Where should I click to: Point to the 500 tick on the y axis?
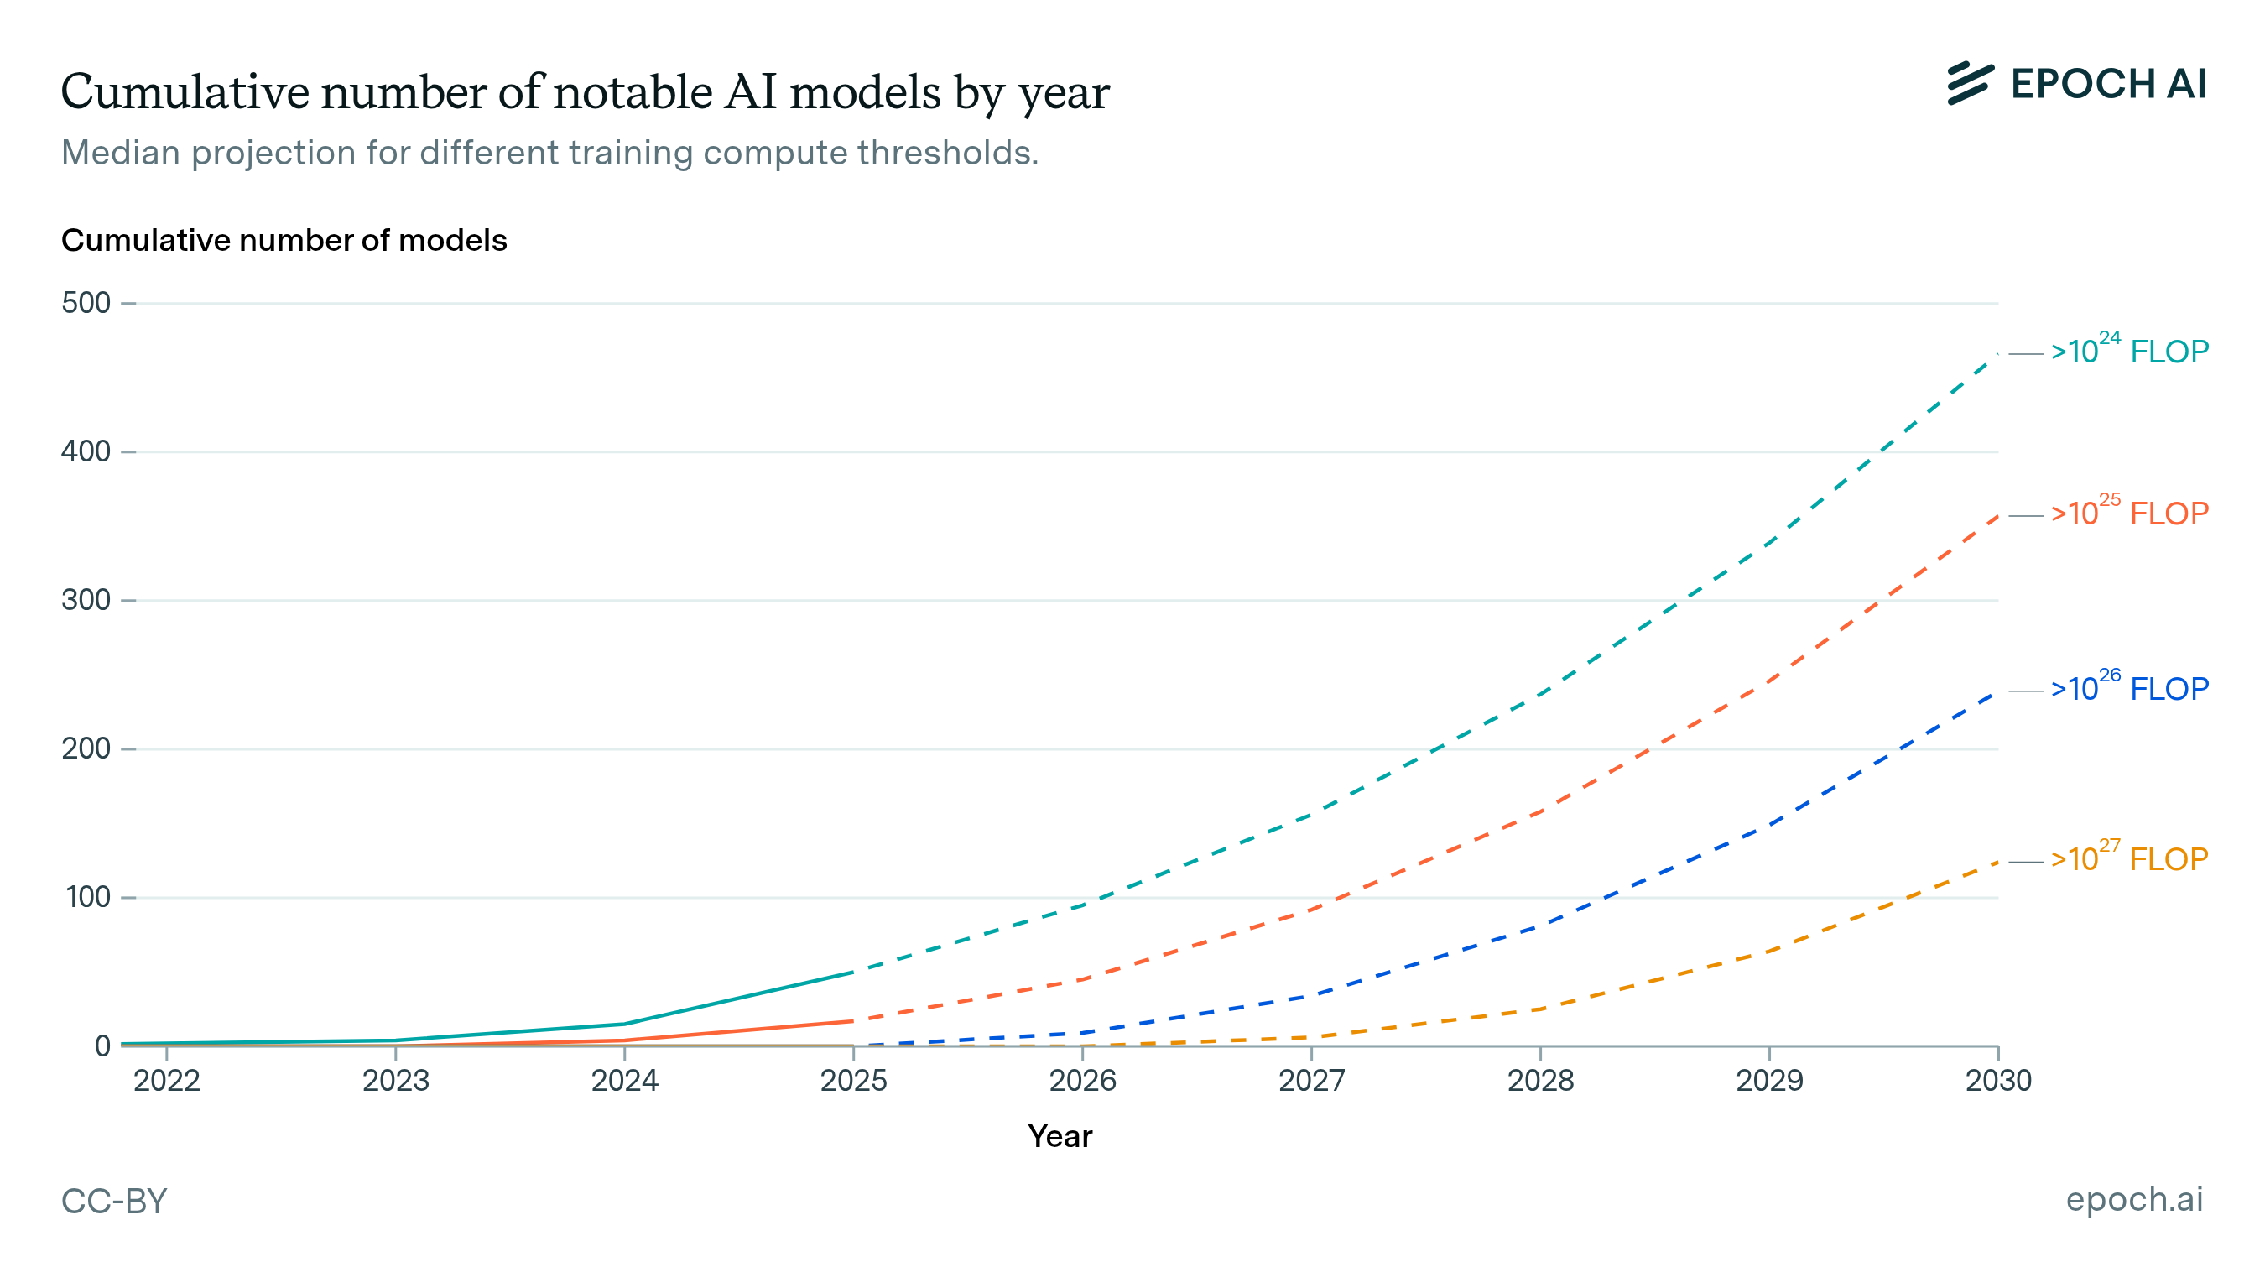(86, 304)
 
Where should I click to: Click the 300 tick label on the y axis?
(86, 601)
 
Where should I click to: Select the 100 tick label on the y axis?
(87, 898)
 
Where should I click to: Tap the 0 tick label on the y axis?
(102, 1046)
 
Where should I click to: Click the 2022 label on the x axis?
(167, 1081)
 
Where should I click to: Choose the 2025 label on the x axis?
(853, 1081)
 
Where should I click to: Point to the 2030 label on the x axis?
(1998, 1081)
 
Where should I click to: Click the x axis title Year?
(1060, 1137)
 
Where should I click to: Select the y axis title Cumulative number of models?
(284, 241)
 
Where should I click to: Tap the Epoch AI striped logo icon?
(1970, 84)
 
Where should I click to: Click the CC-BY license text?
(114, 1202)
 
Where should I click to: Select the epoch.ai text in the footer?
(2133, 1200)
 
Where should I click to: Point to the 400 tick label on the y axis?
(86, 452)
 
